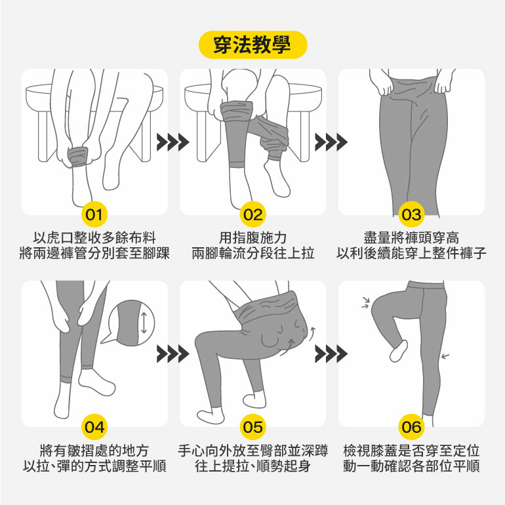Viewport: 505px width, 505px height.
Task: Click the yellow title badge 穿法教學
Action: pyautogui.click(x=253, y=45)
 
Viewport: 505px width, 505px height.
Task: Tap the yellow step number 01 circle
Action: pyautogui.click(x=94, y=214)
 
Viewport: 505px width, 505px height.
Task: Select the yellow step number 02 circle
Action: pyautogui.click(x=253, y=214)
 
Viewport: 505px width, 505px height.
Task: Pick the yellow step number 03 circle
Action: pyautogui.click(x=411, y=214)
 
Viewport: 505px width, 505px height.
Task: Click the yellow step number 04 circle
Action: pyautogui.click(x=94, y=427)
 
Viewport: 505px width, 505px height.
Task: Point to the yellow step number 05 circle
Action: pyautogui.click(x=253, y=427)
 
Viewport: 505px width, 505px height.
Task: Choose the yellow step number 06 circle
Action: pyautogui.click(x=411, y=427)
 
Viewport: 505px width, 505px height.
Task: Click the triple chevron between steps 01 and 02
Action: pyautogui.click(x=173, y=142)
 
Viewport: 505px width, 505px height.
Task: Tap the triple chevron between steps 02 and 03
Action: pyautogui.click(x=331, y=142)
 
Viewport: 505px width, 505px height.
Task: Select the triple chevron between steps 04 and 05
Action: pyautogui.click(x=173, y=354)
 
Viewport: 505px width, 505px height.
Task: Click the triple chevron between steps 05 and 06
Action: pyautogui.click(x=331, y=354)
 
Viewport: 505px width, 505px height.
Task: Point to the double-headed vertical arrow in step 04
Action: pyautogui.click(x=144, y=323)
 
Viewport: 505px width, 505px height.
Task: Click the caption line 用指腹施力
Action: pyautogui.click(x=253, y=238)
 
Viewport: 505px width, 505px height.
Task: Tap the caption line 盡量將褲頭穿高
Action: pyautogui.click(x=411, y=238)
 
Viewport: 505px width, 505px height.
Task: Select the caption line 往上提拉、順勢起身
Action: pyautogui.click(x=253, y=466)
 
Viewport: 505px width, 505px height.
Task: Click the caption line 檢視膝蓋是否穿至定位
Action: pyautogui.click(x=411, y=451)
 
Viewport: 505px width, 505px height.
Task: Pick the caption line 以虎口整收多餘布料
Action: pyautogui.click(x=94, y=238)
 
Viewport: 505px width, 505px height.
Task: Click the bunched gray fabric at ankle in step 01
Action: pyautogui.click(x=77, y=157)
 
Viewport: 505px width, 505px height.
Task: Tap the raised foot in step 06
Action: pyautogui.click(x=399, y=350)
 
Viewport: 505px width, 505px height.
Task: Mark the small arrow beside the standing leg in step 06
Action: pyautogui.click(x=445, y=356)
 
